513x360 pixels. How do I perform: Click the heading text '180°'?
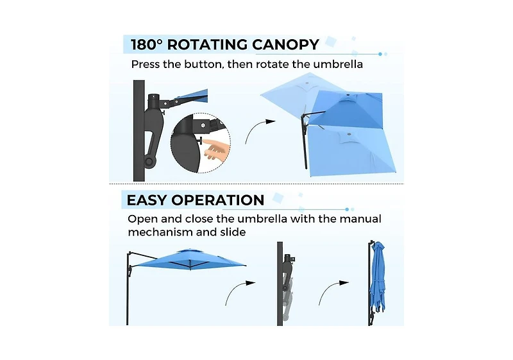147,44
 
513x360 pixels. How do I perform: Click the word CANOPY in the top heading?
285,44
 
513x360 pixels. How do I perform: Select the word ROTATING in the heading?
207,44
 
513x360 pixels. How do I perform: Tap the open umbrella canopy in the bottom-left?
190,259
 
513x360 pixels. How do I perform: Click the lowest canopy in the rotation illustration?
351,151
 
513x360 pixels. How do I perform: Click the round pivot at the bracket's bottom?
149,161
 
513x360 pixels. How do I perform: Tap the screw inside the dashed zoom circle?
203,125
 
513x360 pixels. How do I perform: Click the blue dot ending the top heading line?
380,54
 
